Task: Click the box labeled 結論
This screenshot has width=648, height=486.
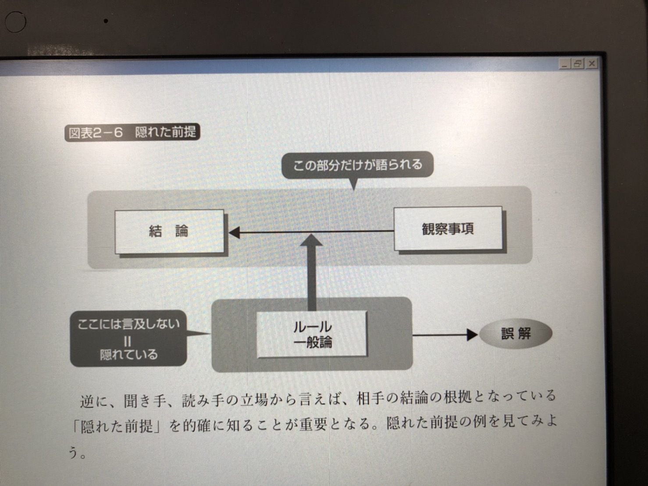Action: pyautogui.click(x=169, y=231)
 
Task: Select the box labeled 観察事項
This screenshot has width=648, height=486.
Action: pyautogui.click(x=448, y=229)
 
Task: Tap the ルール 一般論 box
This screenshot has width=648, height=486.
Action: pyautogui.click(x=312, y=334)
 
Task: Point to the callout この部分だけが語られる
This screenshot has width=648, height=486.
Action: pyautogui.click(x=357, y=165)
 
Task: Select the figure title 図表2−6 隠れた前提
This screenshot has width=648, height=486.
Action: pyautogui.click(x=132, y=132)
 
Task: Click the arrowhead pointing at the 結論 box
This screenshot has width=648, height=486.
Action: pyautogui.click(x=234, y=232)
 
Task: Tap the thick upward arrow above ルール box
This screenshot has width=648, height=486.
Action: pyautogui.click(x=312, y=272)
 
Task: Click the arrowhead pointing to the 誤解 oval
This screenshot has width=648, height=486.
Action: pyautogui.click(x=472, y=335)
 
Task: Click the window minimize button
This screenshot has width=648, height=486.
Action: pyautogui.click(x=565, y=64)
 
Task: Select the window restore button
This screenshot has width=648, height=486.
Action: pyautogui.click(x=578, y=64)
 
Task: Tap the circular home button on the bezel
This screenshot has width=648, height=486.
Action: pyautogui.click(x=15, y=21)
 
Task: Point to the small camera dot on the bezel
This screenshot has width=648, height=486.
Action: pyautogui.click(x=106, y=20)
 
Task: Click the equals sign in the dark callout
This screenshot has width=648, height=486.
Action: pyautogui.click(x=127, y=340)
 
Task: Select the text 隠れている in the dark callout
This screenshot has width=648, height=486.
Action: pyautogui.click(x=128, y=354)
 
